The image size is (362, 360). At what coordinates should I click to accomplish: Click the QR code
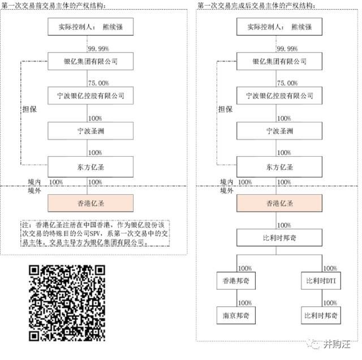point(67,303)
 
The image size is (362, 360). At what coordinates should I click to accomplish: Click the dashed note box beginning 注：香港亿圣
point(95,233)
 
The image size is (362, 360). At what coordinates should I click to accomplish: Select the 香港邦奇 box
point(236,281)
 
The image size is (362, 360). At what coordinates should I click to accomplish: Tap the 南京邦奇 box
point(236,315)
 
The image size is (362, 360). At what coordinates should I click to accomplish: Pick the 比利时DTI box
point(321,281)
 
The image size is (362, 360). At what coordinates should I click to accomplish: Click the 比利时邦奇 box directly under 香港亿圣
point(279,238)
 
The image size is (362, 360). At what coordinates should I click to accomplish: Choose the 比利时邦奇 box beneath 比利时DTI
point(321,315)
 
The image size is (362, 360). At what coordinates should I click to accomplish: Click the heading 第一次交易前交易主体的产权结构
point(54,6)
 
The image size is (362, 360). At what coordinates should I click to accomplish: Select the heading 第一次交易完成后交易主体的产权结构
point(256,6)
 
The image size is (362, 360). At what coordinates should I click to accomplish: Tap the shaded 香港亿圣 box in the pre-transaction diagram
point(90,203)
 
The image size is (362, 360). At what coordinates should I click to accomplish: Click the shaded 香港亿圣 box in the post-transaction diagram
point(279,203)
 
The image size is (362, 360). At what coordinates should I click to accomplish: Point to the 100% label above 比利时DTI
point(330,268)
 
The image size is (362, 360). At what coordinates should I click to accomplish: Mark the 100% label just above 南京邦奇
point(245,303)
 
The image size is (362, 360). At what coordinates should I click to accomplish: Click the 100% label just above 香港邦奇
point(245,268)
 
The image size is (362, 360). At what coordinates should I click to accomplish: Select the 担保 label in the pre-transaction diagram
point(29,109)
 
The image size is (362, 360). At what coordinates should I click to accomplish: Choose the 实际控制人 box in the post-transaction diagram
point(279,27)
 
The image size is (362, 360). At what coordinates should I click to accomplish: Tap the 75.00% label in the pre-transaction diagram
point(98,83)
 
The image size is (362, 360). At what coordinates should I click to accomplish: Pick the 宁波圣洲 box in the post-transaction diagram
point(279,131)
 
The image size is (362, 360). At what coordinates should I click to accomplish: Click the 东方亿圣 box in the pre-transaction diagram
point(90,167)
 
